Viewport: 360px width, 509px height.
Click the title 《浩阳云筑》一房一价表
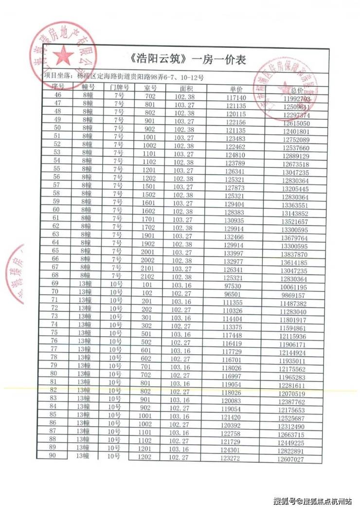(189, 60)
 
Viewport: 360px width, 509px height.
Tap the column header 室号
(150, 88)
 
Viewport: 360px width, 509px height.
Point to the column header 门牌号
(119, 88)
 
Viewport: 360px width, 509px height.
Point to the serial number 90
(52, 454)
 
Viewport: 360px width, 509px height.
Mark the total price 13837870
(293, 254)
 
